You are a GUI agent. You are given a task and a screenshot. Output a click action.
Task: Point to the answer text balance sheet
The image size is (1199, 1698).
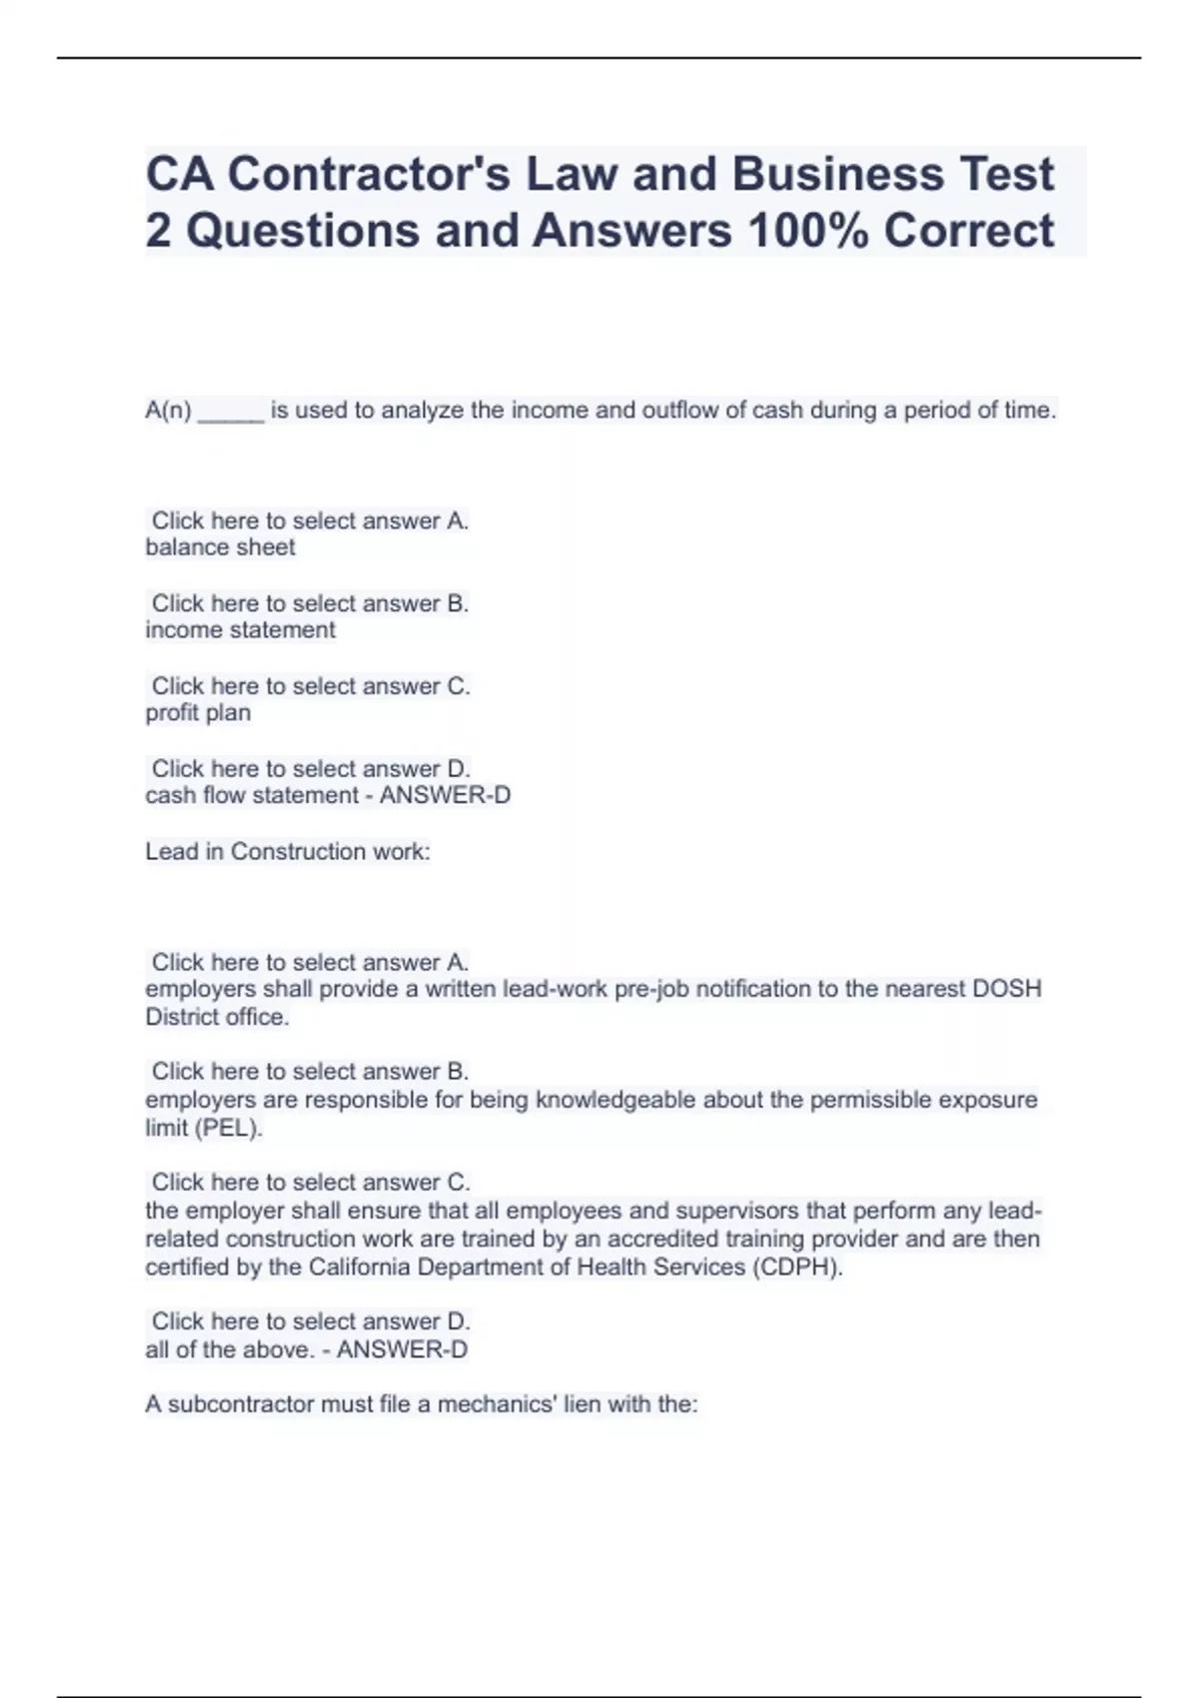tap(221, 547)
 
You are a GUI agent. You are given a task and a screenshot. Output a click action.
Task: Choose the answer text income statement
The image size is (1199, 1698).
tap(241, 630)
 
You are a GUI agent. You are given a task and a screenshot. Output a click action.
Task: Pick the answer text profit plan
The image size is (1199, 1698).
tap(198, 713)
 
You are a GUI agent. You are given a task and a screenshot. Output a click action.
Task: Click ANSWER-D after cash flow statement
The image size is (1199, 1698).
tap(445, 796)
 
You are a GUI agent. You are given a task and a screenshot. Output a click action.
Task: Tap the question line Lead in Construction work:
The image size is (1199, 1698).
tap(288, 852)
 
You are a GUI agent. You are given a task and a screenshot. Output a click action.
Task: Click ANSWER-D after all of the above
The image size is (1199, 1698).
tap(402, 1350)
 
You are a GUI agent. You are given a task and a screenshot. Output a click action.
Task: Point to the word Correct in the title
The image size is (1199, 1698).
tap(968, 231)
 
